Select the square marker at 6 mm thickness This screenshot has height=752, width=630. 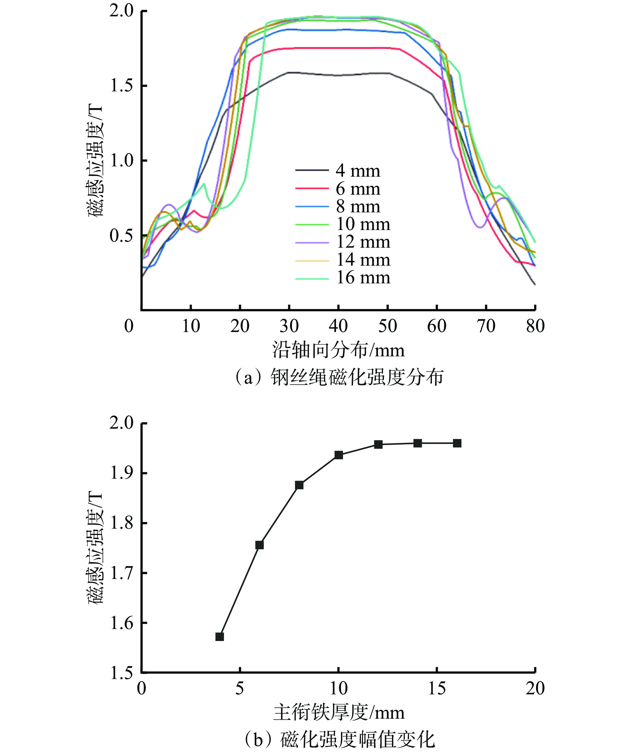[259, 545]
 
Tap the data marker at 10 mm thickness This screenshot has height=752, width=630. [338, 455]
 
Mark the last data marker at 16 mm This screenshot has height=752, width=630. [457, 443]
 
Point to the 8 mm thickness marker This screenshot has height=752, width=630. [299, 485]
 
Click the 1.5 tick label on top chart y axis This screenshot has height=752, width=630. [121, 86]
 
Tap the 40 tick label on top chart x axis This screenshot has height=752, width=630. [338, 326]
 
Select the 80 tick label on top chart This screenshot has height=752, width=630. [535, 326]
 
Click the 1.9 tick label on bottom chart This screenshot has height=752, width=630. [121, 473]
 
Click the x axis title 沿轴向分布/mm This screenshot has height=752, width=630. [338, 350]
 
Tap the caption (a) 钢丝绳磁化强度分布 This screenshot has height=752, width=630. [338, 377]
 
